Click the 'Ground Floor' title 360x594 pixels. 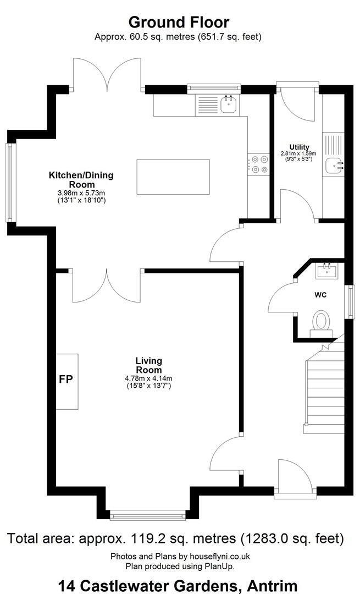coord(179,23)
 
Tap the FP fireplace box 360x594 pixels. coord(68,382)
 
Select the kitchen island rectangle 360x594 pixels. coord(173,177)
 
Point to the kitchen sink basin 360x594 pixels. coord(229,104)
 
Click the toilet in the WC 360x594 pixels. coord(322,324)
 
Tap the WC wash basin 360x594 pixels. coord(326,271)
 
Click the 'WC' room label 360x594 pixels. coord(320,295)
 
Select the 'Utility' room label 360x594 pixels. coord(299,147)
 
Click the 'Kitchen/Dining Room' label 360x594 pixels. coord(81,180)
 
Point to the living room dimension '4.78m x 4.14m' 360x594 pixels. coord(148,378)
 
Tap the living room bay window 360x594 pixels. coord(148,515)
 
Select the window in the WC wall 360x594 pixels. coord(352,302)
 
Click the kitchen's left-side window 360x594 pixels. coord(10,182)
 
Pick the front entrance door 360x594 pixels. coord(295,477)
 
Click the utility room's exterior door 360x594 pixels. coord(297,102)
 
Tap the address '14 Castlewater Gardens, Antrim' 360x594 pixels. coord(178,586)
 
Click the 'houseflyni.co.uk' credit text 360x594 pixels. coord(212,557)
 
